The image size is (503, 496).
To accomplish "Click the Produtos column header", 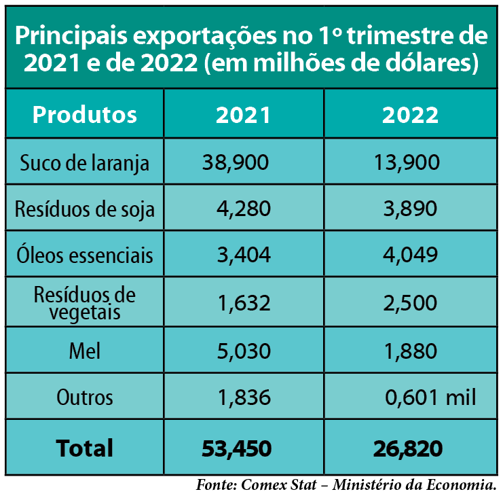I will pos(84,114).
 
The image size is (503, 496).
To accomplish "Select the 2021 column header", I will pos(243,114).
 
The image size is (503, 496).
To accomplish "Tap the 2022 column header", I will pos(410,114).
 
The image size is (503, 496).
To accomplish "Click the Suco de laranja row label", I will pos(84,163).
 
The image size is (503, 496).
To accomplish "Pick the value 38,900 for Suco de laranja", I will pos(236,162).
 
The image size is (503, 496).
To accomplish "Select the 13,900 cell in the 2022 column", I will pos(407,162).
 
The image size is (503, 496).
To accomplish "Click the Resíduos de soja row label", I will pos(84,209).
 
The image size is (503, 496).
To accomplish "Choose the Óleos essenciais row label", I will pos(84,255).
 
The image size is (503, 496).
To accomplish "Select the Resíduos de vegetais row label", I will pos(84,303).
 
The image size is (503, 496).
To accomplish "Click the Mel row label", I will pos(84,351).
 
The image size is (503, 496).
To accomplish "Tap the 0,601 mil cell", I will pos(429,397).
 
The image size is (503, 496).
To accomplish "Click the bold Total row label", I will pos(84,448).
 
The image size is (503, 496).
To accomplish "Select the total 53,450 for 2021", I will pos(237,448).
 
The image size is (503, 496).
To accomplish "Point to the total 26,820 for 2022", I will pos(407,448).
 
